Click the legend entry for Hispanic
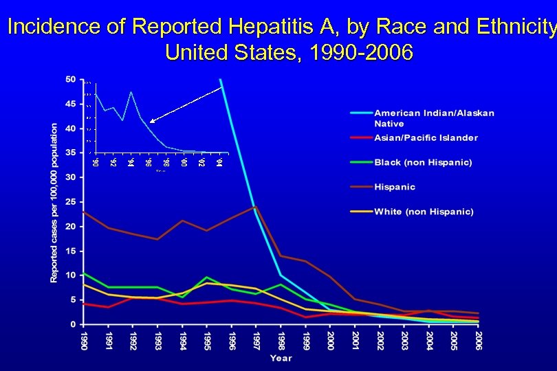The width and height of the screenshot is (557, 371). [395, 187]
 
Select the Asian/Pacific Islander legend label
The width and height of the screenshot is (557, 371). [426, 137]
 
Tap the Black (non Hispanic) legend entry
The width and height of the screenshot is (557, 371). [423, 162]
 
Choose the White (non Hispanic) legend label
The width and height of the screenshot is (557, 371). [424, 212]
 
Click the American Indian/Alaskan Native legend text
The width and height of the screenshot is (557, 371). [434, 118]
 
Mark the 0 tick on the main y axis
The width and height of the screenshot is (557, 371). [74, 324]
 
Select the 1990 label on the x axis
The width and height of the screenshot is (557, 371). [84, 340]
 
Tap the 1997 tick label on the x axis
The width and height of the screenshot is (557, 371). [256, 340]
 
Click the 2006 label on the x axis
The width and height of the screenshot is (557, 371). [478, 340]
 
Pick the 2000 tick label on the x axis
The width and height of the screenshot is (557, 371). [330, 340]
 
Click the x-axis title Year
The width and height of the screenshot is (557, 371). [281, 358]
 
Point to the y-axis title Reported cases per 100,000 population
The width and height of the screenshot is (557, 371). [54, 202]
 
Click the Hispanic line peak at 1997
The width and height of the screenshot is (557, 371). [256, 206]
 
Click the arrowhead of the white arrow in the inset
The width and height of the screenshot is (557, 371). [151, 122]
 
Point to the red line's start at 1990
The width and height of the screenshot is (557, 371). [84, 304]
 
